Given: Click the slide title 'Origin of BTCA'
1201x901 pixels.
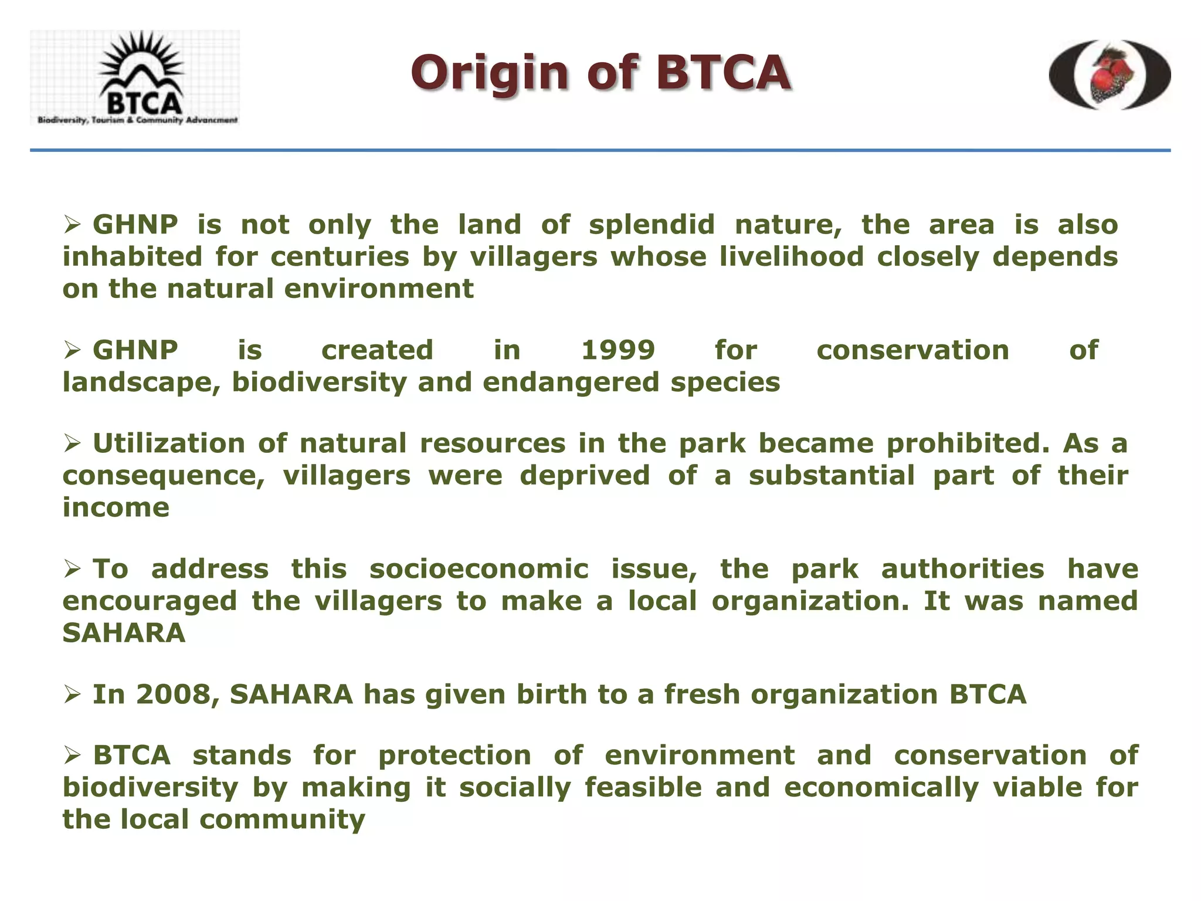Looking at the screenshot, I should click(x=600, y=73).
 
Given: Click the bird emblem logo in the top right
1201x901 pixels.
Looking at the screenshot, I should click(x=1110, y=75).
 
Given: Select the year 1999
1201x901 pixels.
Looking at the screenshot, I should click(x=618, y=350).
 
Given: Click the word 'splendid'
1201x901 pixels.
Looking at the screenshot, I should click(x=652, y=225).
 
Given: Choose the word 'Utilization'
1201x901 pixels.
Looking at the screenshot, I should click(x=169, y=443).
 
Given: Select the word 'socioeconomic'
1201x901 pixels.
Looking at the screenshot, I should click(x=479, y=569).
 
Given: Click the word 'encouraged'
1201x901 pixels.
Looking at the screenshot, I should click(x=150, y=601).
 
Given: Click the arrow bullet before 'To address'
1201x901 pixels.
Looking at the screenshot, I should click(x=72, y=568).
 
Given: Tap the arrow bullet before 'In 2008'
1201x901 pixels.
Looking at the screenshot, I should click(x=72, y=695).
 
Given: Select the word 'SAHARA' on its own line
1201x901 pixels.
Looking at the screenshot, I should click(x=124, y=634).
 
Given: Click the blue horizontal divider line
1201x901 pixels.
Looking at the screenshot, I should click(x=600, y=151).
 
